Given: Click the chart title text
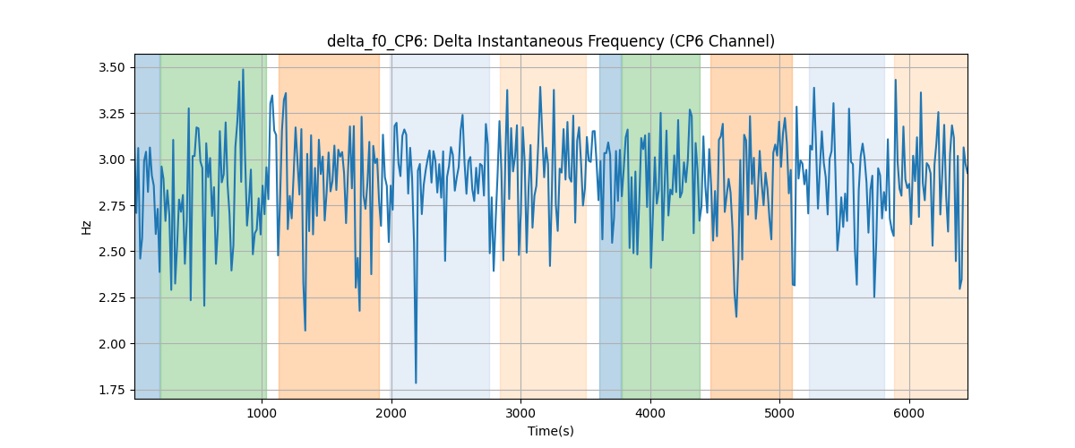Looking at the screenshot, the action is pyautogui.click(x=550, y=41).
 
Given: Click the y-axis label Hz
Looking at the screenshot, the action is pyautogui.click(x=86, y=228).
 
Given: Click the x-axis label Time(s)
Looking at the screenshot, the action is pyautogui.click(x=550, y=431).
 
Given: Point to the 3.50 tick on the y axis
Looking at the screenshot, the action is pyautogui.click(x=112, y=68).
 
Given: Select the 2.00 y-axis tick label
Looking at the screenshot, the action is pyautogui.click(x=112, y=344).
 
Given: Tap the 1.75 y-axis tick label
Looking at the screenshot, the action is pyautogui.click(x=112, y=390).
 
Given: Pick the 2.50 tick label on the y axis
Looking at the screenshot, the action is pyautogui.click(x=112, y=252).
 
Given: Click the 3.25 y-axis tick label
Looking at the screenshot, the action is pyautogui.click(x=112, y=114).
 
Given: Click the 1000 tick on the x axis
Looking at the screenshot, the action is pyautogui.click(x=262, y=413).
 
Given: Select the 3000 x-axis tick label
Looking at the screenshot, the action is pyautogui.click(x=520, y=413).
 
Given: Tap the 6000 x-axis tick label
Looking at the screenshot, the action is pyautogui.click(x=909, y=413).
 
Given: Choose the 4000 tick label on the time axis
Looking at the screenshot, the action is pyautogui.click(x=650, y=413).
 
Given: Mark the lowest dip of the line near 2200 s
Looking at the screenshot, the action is pyautogui.click(x=416, y=383).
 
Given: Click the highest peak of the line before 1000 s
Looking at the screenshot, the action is pyautogui.click(x=243, y=69).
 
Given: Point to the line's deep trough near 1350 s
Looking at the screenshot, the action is pyautogui.click(x=305, y=331).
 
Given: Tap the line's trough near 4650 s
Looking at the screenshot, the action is pyautogui.click(x=736, y=317).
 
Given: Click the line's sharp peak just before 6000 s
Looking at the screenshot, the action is pyautogui.click(x=896, y=80).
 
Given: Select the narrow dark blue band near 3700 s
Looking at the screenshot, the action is pyautogui.click(x=610, y=226).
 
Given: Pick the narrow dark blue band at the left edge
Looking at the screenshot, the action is pyautogui.click(x=147, y=226).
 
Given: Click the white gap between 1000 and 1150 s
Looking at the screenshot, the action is pyautogui.click(x=272, y=226).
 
